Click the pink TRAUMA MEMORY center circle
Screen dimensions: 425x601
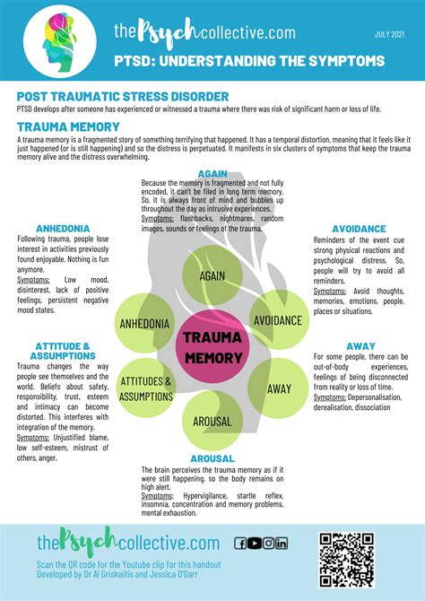point(212,347)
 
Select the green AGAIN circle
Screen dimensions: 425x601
point(212,277)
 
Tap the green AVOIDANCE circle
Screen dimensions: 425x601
point(277,320)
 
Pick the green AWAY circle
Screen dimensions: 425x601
point(279,388)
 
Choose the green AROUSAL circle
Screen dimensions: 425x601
point(212,420)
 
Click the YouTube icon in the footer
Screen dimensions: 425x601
point(255,543)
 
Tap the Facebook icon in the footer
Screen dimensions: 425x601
point(240,543)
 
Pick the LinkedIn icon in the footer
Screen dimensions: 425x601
point(282,543)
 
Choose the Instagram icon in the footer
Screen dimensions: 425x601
point(268,543)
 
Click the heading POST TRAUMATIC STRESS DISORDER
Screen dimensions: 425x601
point(122,96)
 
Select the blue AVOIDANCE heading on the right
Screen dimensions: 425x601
point(359,229)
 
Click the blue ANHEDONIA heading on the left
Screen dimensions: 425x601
point(62,228)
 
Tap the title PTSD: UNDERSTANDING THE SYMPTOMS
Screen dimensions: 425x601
point(249,61)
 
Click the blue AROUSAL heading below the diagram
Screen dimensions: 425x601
point(212,459)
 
